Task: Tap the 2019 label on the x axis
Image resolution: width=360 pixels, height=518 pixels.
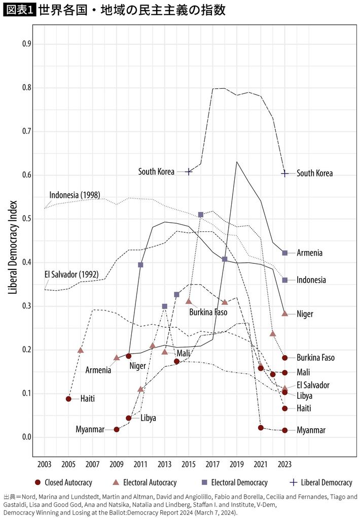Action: [x=237, y=465]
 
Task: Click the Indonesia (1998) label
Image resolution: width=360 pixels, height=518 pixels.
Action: [x=75, y=195]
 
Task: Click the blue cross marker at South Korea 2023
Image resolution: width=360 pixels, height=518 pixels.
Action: [x=285, y=174]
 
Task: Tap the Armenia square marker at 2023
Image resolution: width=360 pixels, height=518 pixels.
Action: [x=285, y=253]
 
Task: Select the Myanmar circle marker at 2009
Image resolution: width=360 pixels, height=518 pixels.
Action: [x=117, y=429]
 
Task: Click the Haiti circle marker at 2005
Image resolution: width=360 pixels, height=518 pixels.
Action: [x=68, y=399]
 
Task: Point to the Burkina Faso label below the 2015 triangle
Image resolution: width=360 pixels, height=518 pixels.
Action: [x=208, y=312]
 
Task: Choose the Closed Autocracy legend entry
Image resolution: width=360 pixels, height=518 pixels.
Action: [x=56, y=482]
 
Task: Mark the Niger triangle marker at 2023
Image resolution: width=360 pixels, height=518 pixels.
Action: [x=285, y=314]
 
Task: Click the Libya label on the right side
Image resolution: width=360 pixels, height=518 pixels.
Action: [x=304, y=395]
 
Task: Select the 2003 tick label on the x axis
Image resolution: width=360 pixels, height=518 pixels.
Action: [x=44, y=465]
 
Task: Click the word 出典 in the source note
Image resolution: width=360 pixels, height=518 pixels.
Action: [x=11, y=497]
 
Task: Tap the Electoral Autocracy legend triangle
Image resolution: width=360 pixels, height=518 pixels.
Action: [x=115, y=482]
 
